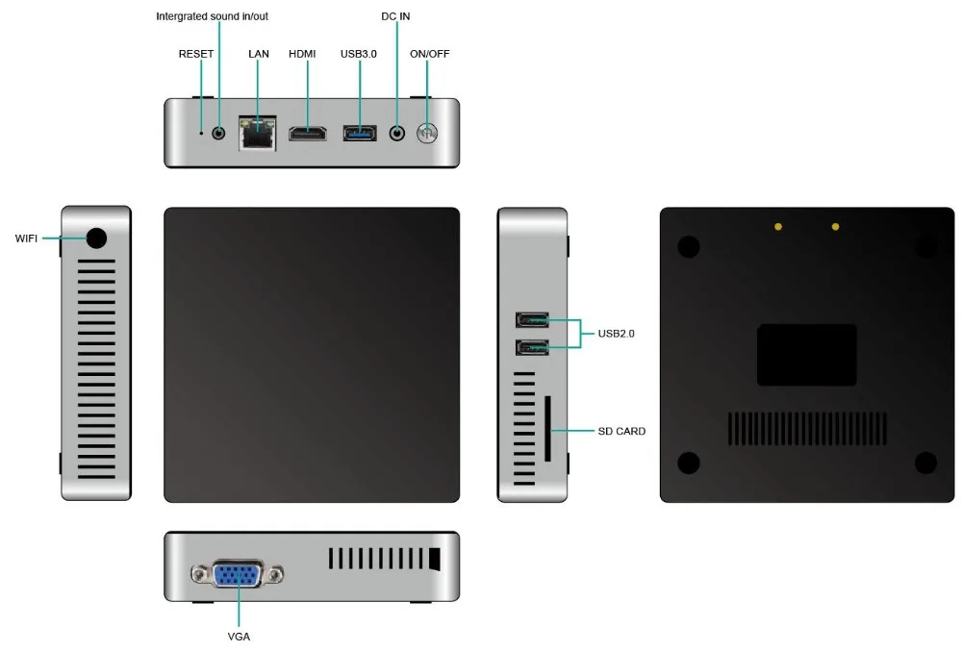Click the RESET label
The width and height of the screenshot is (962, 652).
(195, 54)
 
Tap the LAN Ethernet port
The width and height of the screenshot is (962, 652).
(257, 133)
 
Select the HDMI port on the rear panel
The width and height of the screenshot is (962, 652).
(308, 133)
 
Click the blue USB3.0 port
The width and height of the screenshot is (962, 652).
(360, 133)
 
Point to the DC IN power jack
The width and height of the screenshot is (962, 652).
(397, 133)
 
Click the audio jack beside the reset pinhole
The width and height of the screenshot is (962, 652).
(218, 133)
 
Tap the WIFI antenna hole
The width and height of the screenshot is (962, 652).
(96, 238)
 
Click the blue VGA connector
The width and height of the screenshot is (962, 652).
(238, 575)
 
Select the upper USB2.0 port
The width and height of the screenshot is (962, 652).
(532, 320)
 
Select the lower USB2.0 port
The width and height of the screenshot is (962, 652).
(532, 348)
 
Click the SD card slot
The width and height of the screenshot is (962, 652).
(548, 429)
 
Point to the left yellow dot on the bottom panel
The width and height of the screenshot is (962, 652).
(778, 227)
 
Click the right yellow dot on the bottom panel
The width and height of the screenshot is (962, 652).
(835, 227)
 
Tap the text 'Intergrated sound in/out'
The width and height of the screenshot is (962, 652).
(212, 16)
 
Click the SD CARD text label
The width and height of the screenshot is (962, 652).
(621, 431)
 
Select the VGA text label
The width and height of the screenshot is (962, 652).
(239, 637)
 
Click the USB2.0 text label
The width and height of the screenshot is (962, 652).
(616, 334)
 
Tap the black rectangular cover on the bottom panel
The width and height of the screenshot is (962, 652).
(807, 355)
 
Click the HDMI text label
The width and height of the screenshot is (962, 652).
(302, 54)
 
